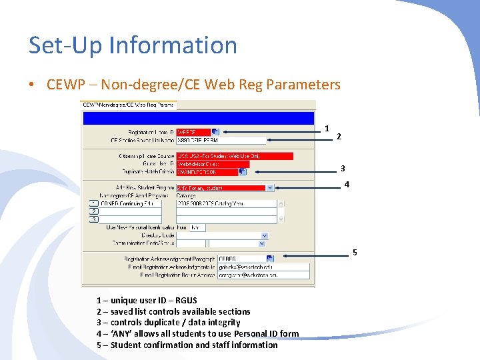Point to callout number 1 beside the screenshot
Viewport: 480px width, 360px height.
pos(327,128)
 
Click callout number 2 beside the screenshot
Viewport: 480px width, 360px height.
pos(339,137)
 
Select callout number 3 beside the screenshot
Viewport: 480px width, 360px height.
pos(343,169)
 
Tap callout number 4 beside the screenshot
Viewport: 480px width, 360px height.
pos(347,185)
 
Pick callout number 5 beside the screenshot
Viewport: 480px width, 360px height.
pos(355,252)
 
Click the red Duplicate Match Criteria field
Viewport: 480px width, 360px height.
pos(207,171)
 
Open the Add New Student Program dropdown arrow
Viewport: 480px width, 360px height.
pos(269,188)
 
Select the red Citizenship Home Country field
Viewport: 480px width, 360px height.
pos(234,156)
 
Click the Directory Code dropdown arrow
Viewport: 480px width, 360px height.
pos(265,235)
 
